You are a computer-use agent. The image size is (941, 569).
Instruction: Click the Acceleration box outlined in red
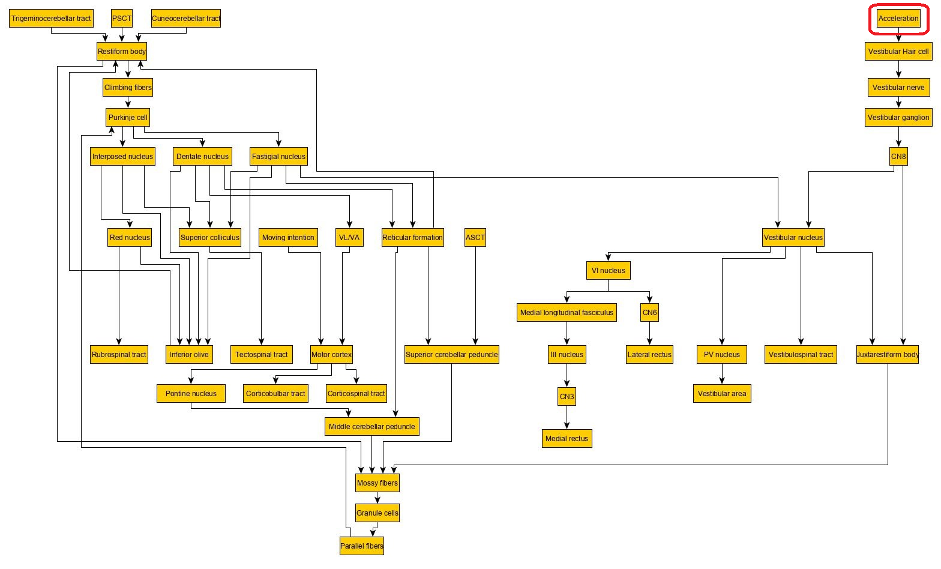898,19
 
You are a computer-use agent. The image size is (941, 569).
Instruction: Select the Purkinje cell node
128,118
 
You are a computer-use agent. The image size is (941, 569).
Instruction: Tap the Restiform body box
122,52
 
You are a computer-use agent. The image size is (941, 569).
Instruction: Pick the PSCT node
122,19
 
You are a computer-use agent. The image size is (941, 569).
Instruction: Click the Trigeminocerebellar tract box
51,19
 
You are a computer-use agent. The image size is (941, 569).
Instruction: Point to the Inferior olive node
189,355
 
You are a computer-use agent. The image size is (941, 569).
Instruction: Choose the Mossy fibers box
377,483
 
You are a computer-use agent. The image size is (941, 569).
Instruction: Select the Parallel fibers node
361,546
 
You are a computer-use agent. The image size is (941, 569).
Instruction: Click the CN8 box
898,157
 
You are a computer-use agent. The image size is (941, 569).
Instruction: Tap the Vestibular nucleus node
793,238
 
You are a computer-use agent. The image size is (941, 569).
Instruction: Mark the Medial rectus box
567,439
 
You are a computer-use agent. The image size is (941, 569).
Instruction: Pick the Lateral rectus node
649,355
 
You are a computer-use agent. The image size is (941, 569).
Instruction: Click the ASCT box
475,238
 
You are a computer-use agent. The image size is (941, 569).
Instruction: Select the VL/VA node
349,238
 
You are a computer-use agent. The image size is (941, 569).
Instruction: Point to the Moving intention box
288,238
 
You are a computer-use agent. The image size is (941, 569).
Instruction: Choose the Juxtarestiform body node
888,355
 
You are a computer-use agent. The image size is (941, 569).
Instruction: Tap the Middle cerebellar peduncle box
371,427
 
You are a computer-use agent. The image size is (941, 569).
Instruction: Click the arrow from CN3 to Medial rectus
567,418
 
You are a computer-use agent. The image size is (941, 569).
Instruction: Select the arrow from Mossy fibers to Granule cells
377,498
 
